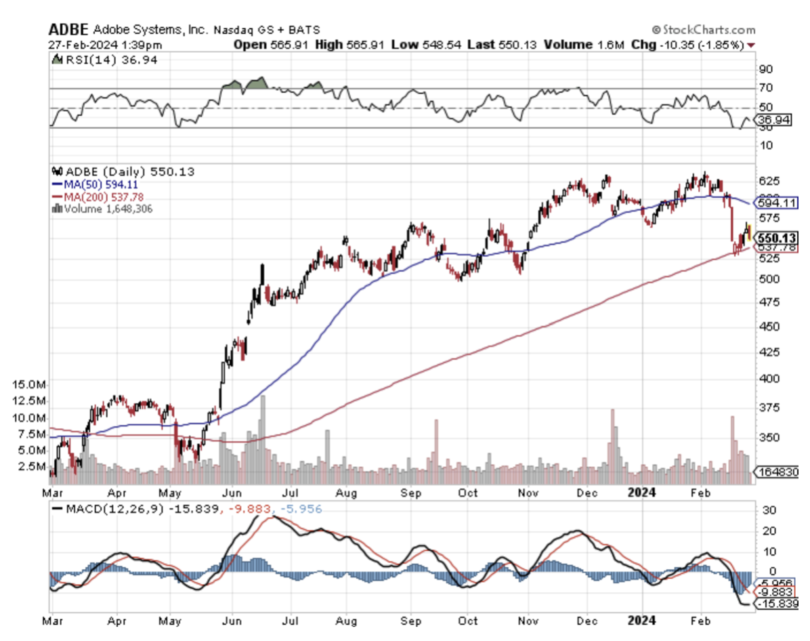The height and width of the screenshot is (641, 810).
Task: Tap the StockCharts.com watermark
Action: pos(704,30)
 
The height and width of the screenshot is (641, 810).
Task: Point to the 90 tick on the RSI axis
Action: pos(766,69)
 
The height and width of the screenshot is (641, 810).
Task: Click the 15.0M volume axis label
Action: pos(29,384)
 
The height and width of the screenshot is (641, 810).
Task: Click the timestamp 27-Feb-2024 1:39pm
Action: pos(105,45)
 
